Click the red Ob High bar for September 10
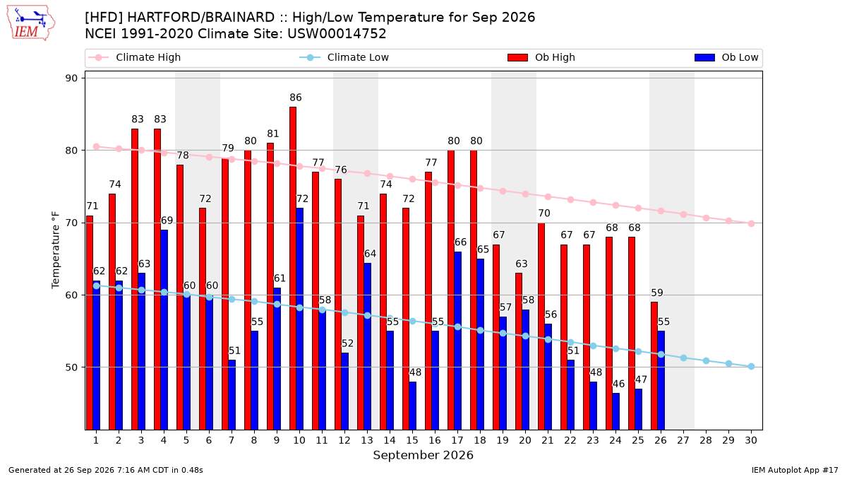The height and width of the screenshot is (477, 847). [x=293, y=269]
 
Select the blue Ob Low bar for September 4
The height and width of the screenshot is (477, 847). [x=164, y=330]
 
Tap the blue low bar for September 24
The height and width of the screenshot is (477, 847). [x=616, y=411]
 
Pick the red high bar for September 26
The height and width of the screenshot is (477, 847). [x=654, y=366]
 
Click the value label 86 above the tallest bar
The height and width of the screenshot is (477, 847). [x=296, y=98]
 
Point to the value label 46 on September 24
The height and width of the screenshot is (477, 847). [x=618, y=384]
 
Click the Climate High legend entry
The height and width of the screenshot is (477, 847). [x=135, y=57]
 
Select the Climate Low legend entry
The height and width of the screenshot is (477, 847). [x=344, y=57]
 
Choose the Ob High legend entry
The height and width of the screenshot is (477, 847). [x=541, y=57]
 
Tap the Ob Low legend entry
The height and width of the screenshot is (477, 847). [x=726, y=57]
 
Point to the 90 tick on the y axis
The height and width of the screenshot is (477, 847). [x=71, y=78]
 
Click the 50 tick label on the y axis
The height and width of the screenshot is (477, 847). [x=71, y=367]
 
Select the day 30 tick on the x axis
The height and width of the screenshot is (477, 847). [x=751, y=440]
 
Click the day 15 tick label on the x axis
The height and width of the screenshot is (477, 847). [x=412, y=440]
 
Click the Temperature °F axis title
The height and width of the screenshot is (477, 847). [x=56, y=250]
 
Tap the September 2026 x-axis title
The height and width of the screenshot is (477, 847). [x=423, y=455]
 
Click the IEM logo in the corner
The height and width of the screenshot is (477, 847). [x=31, y=23]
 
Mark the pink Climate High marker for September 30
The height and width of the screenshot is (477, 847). [x=751, y=224]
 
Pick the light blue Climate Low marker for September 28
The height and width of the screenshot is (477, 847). [x=706, y=361]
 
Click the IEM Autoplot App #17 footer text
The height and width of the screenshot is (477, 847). [x=795, y=470]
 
